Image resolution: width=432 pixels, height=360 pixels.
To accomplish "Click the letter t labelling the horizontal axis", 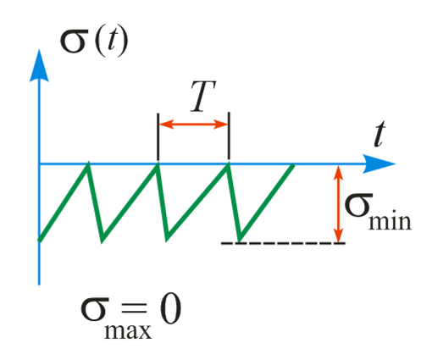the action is pos(379,134).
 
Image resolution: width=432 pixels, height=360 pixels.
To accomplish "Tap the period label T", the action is pos(202,97).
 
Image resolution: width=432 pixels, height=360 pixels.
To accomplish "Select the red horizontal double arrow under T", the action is pos(193,124).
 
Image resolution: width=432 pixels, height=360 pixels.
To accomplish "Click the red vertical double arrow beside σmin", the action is pos(339,204).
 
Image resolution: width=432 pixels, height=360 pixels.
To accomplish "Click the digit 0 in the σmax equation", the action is pos(170,310).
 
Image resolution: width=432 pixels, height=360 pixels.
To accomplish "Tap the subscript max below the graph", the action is pos(128,331).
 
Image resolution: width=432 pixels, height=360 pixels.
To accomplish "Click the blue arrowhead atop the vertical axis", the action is pos(39,66).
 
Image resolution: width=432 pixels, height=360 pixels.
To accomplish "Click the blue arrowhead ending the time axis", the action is pos(379,163).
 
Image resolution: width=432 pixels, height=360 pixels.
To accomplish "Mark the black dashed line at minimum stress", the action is pos(283,243).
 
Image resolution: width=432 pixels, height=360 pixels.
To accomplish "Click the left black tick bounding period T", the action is pos(158,136).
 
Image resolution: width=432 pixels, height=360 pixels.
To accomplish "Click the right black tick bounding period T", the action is pos(229,136).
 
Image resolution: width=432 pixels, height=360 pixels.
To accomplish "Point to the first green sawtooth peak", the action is pos(88,163).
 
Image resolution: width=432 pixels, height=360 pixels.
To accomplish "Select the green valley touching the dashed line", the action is pos(240,241).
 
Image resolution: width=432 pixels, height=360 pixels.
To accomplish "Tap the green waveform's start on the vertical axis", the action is pos(40,240).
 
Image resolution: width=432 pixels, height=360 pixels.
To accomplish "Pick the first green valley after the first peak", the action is pos(102,240).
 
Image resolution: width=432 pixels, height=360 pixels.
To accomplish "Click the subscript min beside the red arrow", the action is pos(390,221).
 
